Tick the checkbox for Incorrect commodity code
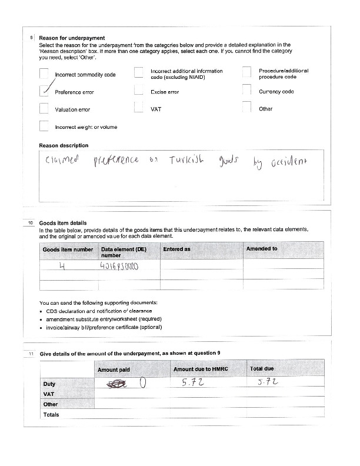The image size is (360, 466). [44, 74]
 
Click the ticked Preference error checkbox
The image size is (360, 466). [44, 91]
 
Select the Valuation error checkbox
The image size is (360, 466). [44, 108]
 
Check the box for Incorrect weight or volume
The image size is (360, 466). [44, 125]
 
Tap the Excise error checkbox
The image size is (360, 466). [139, 90]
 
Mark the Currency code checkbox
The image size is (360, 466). [247, 90]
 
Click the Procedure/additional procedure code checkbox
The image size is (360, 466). [247, 72]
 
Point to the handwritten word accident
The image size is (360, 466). [289, 161]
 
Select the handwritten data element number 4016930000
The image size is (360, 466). [120, 267]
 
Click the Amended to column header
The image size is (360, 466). [262, 249]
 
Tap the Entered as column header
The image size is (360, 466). [177, 249]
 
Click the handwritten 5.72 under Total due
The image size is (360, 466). [269, 382]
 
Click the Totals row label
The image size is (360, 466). [52, 414]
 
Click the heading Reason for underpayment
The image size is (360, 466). [64, 38]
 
